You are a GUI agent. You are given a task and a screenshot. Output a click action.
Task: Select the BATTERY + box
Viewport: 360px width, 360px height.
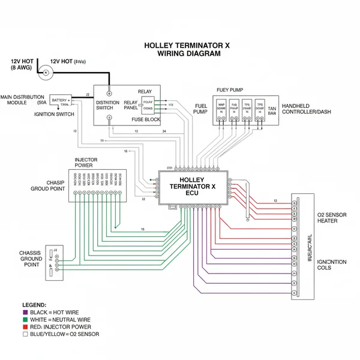tap(61, 101)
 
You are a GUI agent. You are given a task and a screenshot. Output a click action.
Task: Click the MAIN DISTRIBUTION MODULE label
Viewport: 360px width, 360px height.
tap(22, 100)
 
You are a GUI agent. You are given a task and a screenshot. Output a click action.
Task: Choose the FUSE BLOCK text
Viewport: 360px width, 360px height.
tap(145, 119)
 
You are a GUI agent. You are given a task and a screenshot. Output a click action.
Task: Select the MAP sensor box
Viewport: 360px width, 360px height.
tap(222, 107)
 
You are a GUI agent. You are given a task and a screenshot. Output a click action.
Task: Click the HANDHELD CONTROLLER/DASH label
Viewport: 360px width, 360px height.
tap(307, 109)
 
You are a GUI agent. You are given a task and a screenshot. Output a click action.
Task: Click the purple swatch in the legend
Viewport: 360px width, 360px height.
tap(25, 313)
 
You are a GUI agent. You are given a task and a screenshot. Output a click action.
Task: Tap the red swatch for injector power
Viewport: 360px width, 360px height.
tap(25, 327)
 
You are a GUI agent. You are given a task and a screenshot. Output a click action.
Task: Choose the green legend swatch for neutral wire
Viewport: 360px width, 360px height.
tap(25, 320)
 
